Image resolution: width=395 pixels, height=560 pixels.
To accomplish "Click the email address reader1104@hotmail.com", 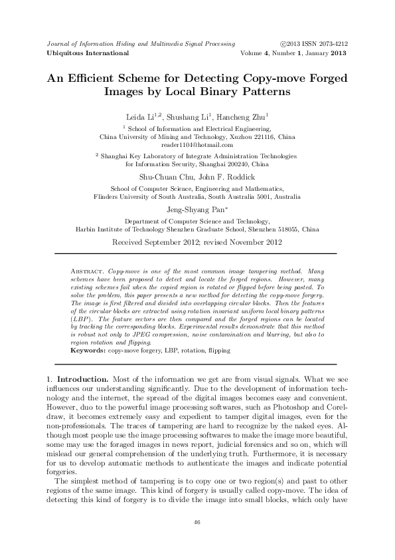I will pyautogui.click(x=197, y=144).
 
